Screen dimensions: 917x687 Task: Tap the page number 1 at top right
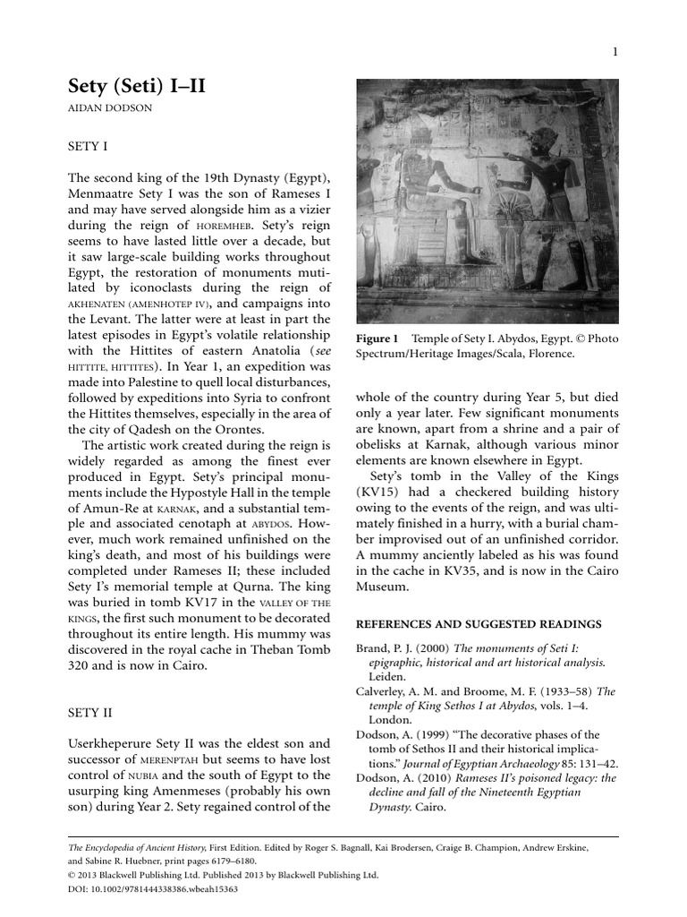[x=615, y=53]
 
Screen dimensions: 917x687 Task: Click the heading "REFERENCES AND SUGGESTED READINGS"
[x=479, y=623]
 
